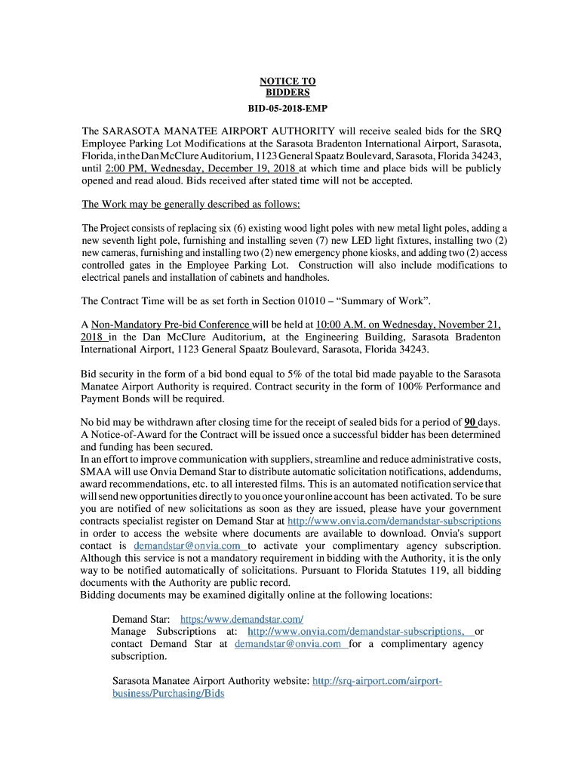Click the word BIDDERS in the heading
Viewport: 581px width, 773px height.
tap(287, 92)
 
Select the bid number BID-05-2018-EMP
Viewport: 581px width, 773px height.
tap(287, 109)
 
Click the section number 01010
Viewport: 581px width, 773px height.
tap(308, 301)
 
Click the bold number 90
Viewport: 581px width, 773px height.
tap(469, 422)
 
